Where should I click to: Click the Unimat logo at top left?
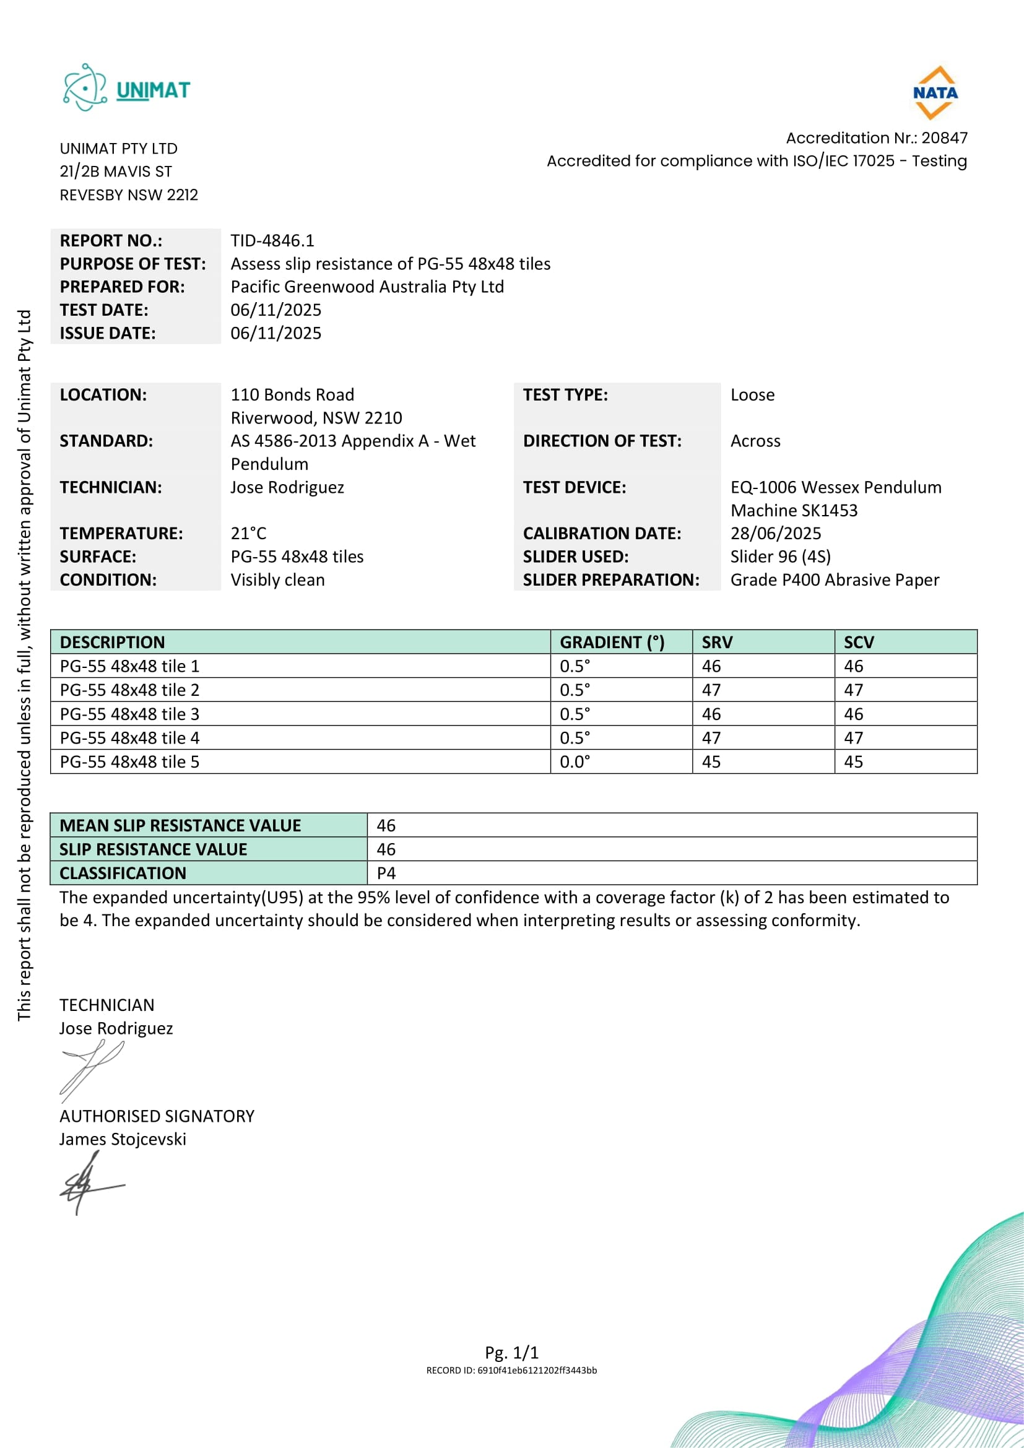coord(126,89)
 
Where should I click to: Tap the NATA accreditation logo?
coord(935,93)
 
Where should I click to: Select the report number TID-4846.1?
coord(272,240)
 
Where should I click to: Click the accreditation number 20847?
coord(944,137)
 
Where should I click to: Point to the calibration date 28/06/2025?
coord(776,533)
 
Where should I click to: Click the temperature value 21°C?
coord(248,533)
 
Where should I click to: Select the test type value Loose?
coord(752,395)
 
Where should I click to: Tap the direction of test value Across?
coord(755,441)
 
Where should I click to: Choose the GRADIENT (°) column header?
coord(612,642)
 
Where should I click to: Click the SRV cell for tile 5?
coord(711,762)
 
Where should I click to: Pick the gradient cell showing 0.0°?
coord(575,762)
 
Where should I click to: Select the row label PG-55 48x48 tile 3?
coord(129,714)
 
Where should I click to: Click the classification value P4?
coord(386,874)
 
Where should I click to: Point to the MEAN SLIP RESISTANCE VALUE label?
coord(180,826)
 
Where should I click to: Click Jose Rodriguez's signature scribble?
coord(92,1070)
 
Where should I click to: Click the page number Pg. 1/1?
coord(511,1352)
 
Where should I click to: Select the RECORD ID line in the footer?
coord(511,1371)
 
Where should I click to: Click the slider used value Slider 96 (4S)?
coord(780,557)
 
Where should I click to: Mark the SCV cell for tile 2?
coord(853,690)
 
